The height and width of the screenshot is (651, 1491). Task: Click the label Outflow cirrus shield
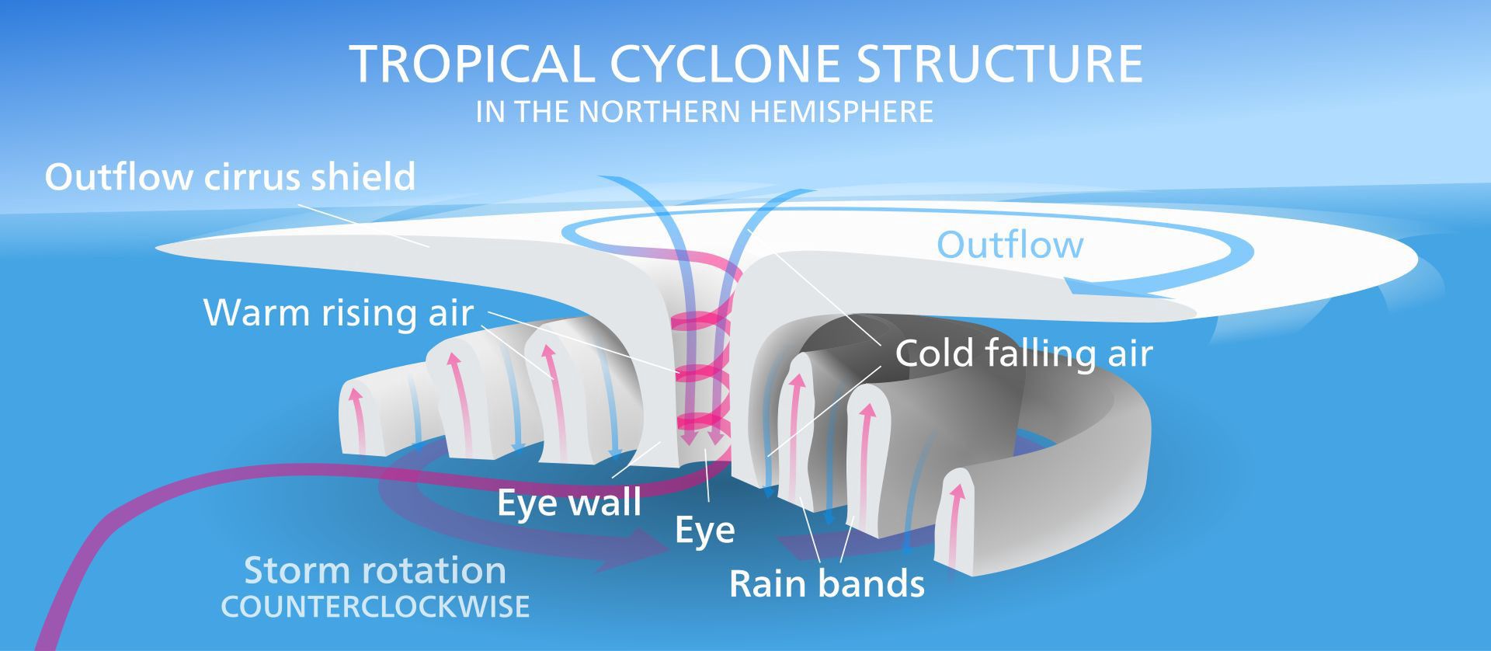point(230,177)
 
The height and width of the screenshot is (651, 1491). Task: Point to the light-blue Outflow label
point(1010,245)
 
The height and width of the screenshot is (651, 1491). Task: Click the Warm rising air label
point(339,312)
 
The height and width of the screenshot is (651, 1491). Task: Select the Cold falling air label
point(1024,353)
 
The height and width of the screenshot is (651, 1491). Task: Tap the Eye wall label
point(569,503)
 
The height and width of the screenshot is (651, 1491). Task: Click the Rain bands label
point(827,583)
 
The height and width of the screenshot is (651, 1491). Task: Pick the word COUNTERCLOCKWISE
point(375,607)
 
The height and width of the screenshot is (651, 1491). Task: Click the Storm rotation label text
point(375,571)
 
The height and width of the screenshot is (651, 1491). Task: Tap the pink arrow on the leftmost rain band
point(356,416)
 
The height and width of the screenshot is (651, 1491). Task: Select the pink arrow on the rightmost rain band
point(957,513)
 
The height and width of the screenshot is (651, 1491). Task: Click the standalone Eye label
point(704,531)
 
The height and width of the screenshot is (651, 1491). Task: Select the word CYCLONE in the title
point(725,64)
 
